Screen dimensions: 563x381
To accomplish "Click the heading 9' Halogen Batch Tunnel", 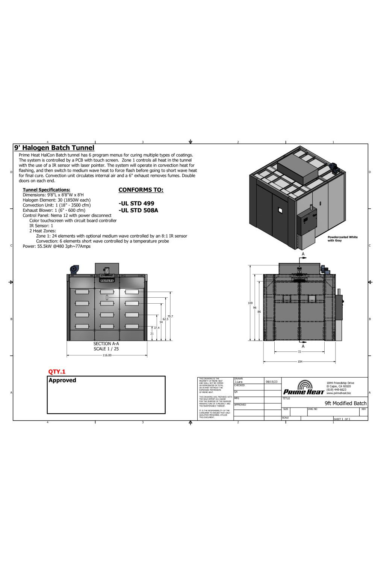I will pyautogui.click(x=54, y=148).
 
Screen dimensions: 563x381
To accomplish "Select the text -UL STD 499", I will pyautogui.click(x=136, y=203).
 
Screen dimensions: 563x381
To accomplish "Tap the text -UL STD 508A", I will pyautogui.click(x=138, y=210).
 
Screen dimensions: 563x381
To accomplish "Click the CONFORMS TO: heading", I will pyautogui.click(x=141, y=190).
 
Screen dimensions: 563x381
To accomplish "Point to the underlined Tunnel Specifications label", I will pyautogui.click(x=46, y=190).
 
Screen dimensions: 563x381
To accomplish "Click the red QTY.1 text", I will pyautogui.click(x=57, y=372).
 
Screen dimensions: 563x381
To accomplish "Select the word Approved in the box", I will pyautogui.click(x=62, y=380).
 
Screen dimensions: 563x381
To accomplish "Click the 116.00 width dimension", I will pyautogui.click(x=107, y=355).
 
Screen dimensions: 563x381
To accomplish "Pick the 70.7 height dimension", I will pyautogui.click(x=170, y=316).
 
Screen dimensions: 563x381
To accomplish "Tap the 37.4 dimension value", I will pyautogui.click(x=156, y=328).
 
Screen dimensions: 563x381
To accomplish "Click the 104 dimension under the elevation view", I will pyautogui.click(x=299, y=361).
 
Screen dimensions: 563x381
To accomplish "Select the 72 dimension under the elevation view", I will pyautogui.click(x=299, y=352).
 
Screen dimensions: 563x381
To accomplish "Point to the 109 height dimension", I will pyautogui.click(x=250, y=303).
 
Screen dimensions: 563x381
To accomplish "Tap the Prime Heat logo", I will pyautogui.click(x=304, y=388).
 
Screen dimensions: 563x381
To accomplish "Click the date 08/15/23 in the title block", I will pyautogui.click(x=272, y=382).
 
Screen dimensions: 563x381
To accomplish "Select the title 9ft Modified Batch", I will pyautogui.click(x=345, y=403).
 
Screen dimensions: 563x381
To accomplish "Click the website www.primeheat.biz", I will pyautogui.click(x=339, y=393).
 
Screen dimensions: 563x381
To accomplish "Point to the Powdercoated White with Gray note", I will pyautogui.click(x=342, y=239).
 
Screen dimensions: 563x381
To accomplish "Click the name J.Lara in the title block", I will pyautogui.click(x=239, y=382).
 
